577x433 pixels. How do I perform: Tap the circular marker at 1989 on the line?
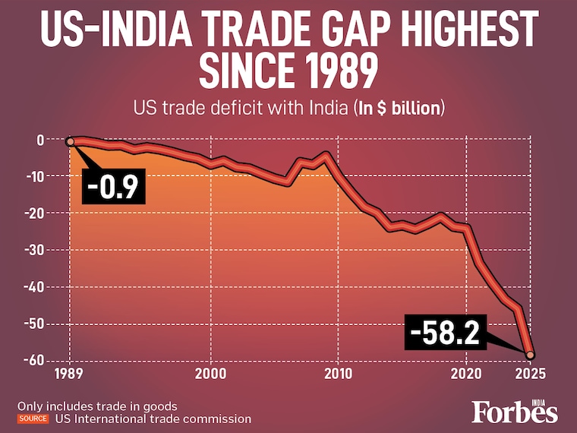pos(70,141)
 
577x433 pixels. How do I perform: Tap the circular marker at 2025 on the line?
pos(531,355)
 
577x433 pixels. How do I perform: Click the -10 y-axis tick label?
pos(34,176)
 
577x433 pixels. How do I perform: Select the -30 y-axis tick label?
pos(34,250)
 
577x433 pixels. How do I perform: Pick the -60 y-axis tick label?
pos(34,360)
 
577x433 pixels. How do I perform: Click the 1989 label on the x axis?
pos(70,374)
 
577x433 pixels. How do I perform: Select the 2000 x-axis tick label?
pos(210,374)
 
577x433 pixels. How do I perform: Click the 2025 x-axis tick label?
pos(531,374)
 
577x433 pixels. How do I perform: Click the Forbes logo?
pos(514,411)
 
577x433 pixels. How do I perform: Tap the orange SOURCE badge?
pos(32,419)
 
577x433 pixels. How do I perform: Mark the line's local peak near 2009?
pos(326,154)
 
